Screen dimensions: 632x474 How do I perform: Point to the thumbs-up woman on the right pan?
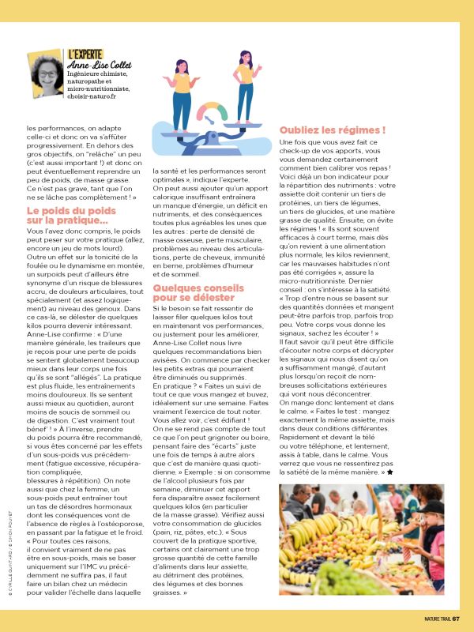click(x=245, y=87)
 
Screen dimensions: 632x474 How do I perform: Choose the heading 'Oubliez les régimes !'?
click(x=333, y=130)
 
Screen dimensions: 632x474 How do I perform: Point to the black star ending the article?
click(x=389, y=472)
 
